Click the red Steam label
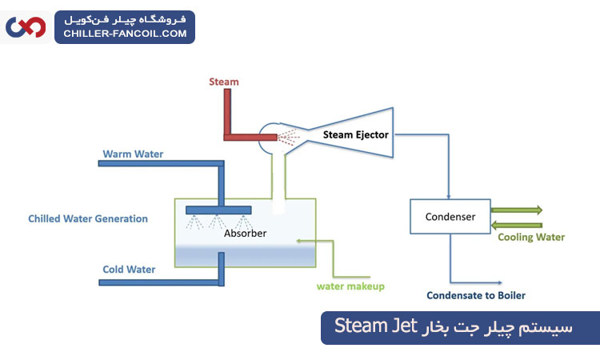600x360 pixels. coord(223,82)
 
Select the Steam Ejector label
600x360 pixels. coord(355,135)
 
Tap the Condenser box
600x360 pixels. coord(450,217)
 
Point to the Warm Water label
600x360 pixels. coord(133,154)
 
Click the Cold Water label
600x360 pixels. coord(129,270)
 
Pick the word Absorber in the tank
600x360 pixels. coord(245,234)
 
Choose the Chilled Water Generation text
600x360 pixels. coord(88,218)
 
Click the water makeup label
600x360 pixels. coord(350,286)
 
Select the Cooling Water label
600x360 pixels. coord(531,237)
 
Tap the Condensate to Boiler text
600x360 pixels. coord(476,295)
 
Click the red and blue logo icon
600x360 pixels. coord(26,27)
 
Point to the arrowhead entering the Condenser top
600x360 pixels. coord(450,196)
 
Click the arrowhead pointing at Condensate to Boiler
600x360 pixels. coord(500,282)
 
